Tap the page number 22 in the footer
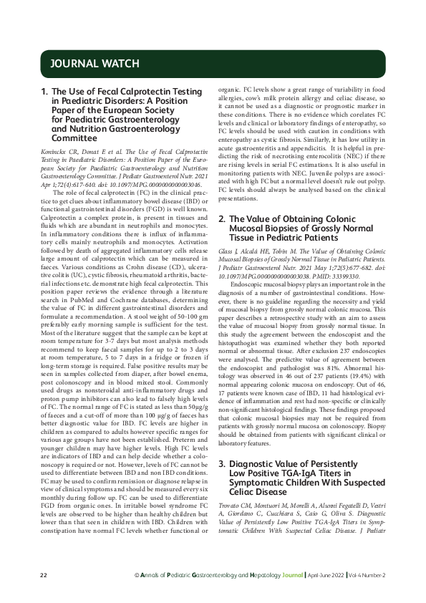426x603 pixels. (44, 575)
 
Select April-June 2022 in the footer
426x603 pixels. (330, 575)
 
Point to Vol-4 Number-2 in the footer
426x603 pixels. (370, 575)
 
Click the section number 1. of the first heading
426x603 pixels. (44, 92)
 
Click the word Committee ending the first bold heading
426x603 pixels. (74, 138)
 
